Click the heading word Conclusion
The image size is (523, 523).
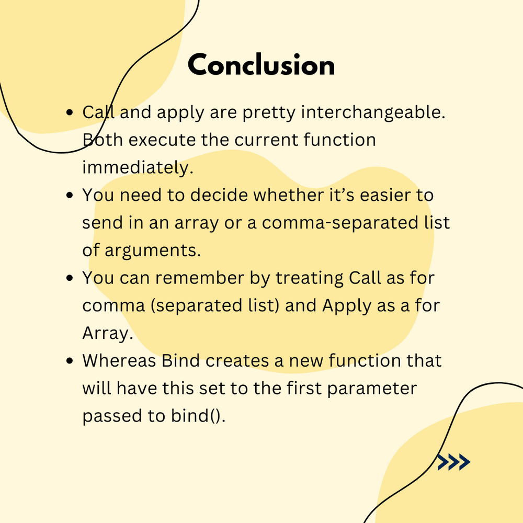click(261, 65)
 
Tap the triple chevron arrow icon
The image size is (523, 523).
click(453, 462)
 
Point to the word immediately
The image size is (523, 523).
click(138, 167)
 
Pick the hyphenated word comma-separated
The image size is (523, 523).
click(340, 223)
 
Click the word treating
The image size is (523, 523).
click(310, 278)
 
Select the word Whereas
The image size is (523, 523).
click(119, 360)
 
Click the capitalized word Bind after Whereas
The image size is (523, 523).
click(180, 360)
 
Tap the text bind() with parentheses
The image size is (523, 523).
click(198, 416)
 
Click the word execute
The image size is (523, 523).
click(162, 140)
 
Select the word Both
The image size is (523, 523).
click(103, 140)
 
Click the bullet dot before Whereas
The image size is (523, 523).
click(70, 360)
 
